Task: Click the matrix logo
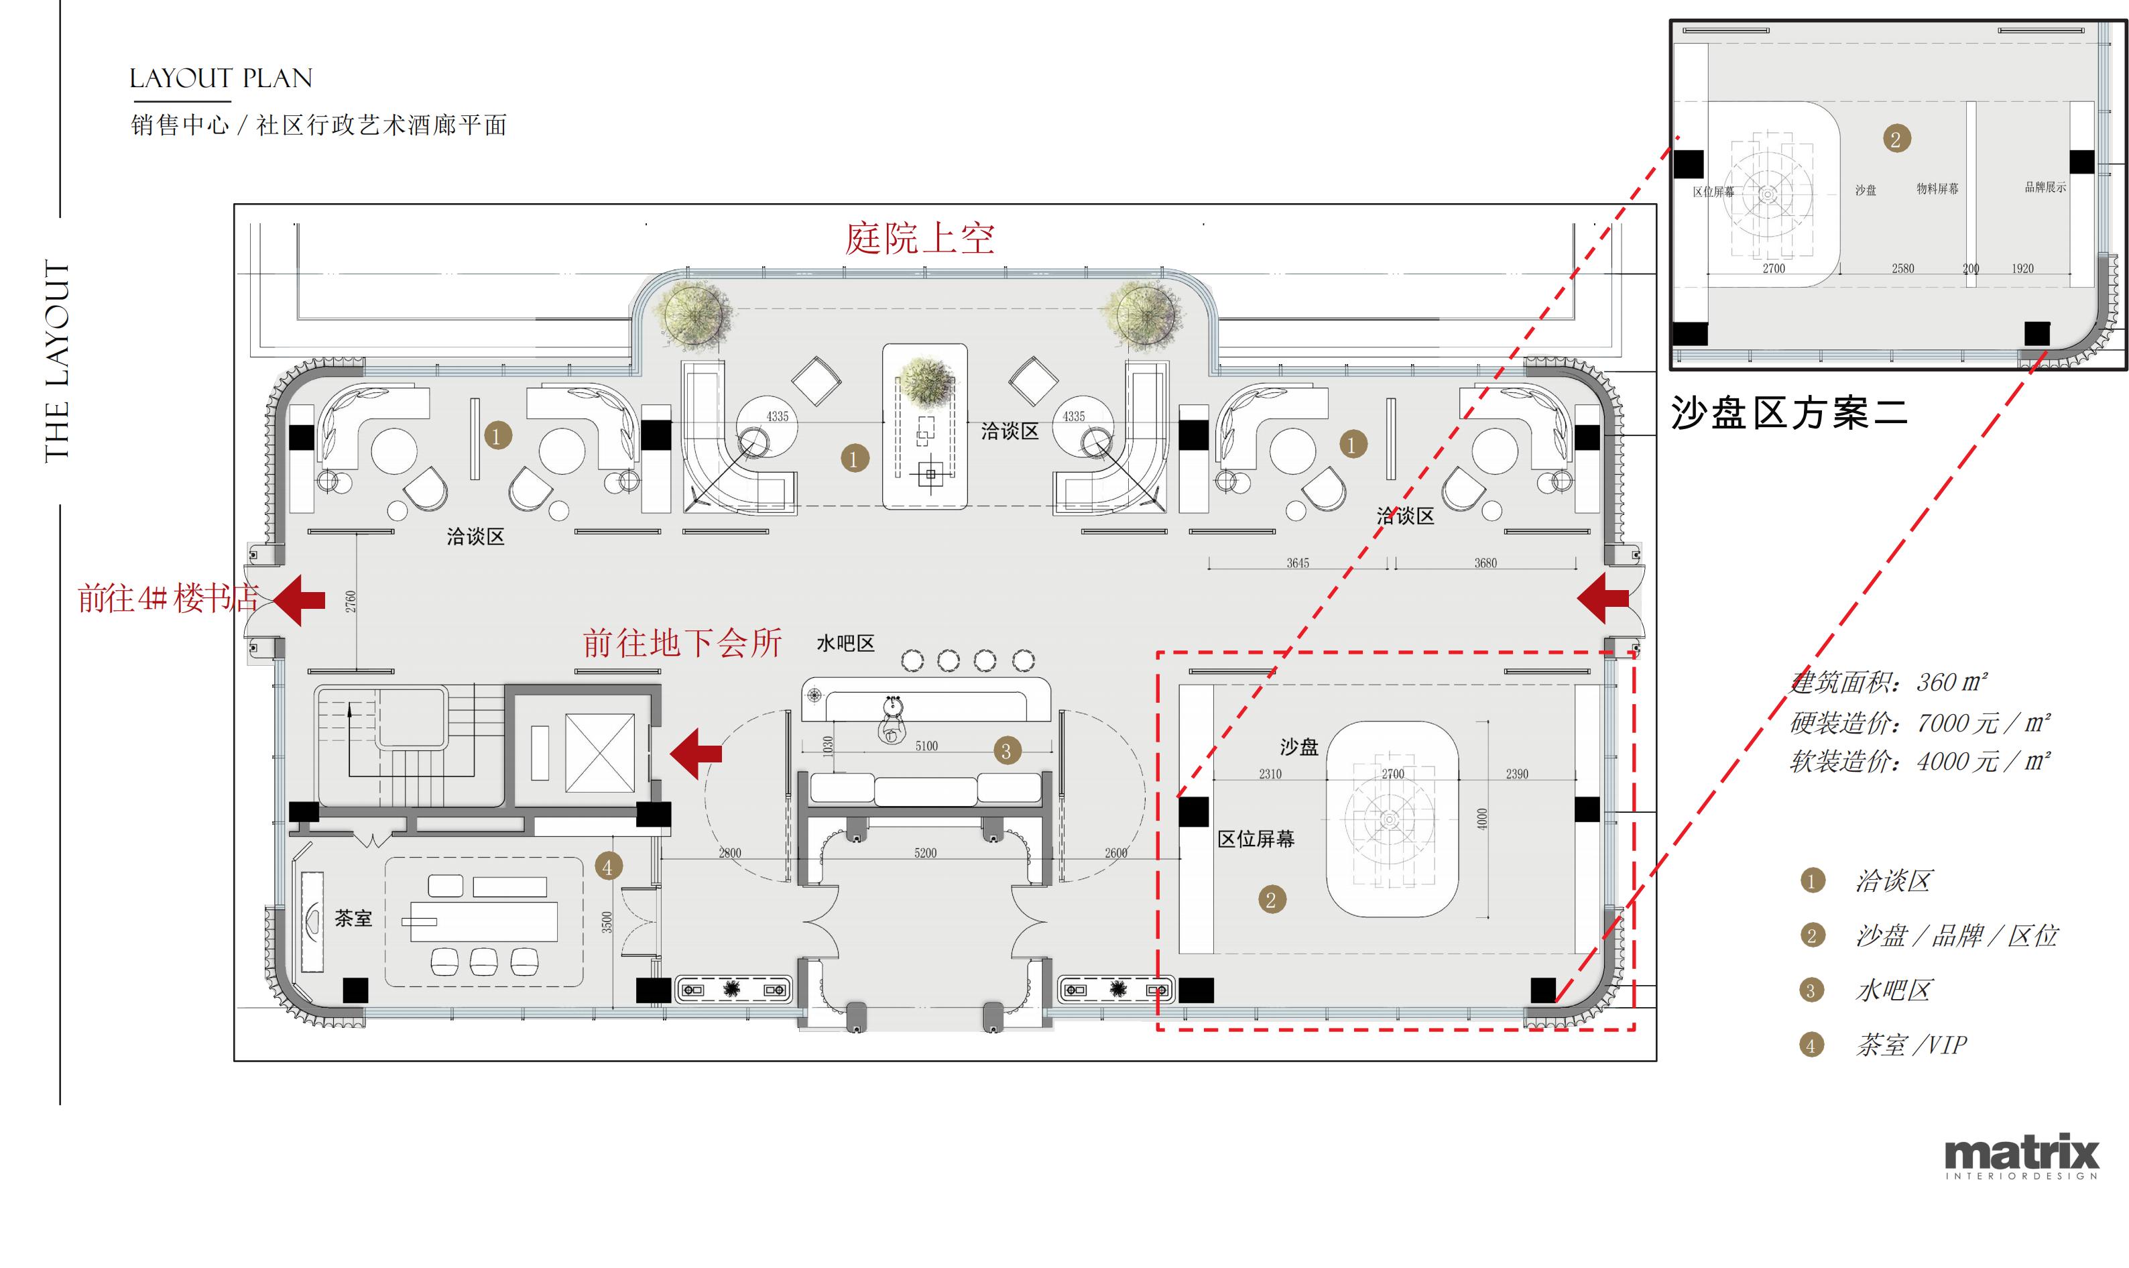[x=2020, y=1155]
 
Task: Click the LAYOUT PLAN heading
[x=221, y=78]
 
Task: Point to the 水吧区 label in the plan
[x=845, y=644]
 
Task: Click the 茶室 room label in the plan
[x=353, y=919]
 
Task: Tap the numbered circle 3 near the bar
[x=1006, y=751]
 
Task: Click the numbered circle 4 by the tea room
[x=607, y=867]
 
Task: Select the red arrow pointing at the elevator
[x=696, y=753]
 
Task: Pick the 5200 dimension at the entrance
[x=925, y=853]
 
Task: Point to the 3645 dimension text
[x=1297, y=563]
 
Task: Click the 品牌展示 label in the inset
[x=2045, y=187]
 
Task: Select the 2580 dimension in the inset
[x=1902, y=268]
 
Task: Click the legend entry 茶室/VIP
[x=1910, y=1045]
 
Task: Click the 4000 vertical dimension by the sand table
[x=1481, y=819]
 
